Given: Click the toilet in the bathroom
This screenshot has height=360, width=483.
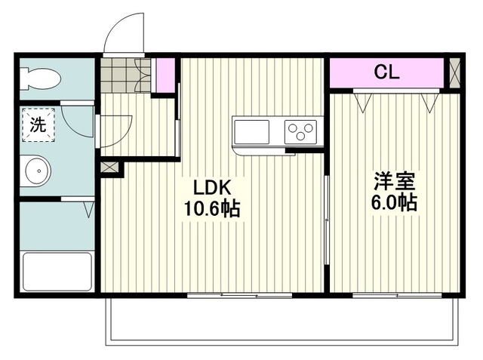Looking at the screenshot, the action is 40,78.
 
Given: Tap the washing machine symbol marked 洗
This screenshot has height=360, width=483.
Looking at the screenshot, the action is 38,125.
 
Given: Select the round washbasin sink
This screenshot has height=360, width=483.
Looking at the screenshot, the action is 36,171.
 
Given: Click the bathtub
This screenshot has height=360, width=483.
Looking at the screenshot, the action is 57,271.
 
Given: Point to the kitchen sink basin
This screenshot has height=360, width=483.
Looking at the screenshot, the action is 251,132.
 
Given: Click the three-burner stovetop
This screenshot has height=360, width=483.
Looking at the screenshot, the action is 300,132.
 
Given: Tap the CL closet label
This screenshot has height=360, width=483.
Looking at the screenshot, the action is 386,72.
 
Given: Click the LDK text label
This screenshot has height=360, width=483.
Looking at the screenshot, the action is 212,187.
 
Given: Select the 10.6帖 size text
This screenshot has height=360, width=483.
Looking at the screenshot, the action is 212,208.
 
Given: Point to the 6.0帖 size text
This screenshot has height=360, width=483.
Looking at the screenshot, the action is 394,202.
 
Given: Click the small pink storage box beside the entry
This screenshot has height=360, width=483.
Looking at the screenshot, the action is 165,75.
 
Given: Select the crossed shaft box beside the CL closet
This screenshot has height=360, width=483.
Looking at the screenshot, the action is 454,73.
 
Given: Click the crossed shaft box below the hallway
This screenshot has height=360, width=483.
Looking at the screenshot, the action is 109,168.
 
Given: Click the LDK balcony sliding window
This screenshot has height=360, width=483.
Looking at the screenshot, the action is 240,296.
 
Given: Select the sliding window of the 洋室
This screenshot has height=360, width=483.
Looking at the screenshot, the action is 398,296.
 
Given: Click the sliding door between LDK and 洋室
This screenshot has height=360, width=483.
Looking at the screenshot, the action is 327,220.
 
